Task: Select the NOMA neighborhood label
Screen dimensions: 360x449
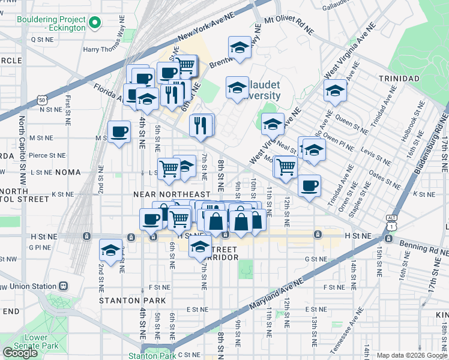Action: [x=67, y=172]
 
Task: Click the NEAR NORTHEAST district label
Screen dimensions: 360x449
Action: [x=172, y=194]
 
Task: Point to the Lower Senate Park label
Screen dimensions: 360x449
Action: [x=37, y=341]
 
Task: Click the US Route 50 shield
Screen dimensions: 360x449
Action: [x=41, y=100]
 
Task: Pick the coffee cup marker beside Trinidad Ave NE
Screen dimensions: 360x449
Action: [x=309, y=185]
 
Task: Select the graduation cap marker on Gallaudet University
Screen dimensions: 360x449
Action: [x=237, y=88]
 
